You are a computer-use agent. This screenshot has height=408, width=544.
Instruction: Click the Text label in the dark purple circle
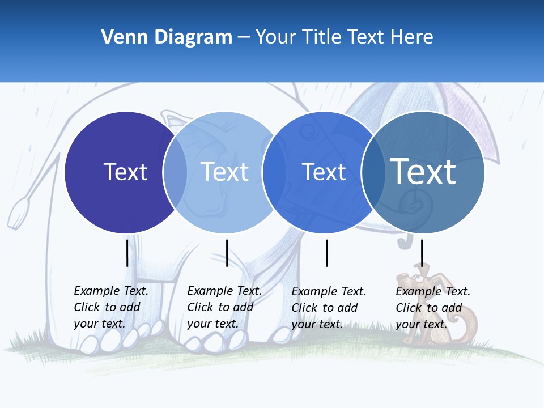[125, 172]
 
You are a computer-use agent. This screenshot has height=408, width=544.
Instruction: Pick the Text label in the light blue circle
[225, 172]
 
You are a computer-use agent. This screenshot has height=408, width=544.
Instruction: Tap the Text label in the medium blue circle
[324, 172]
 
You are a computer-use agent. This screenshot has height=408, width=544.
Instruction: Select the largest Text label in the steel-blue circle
[423, 171]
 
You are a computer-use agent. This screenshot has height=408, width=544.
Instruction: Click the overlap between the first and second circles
[175, 172]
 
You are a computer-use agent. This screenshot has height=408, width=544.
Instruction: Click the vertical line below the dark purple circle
[127, 253]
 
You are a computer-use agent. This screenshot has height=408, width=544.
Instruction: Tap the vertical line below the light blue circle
[227, 253]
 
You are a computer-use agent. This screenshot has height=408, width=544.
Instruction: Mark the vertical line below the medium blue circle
[326, 253]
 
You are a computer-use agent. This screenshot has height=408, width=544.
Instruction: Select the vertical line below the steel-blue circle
[422, 253]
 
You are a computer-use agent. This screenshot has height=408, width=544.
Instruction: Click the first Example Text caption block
[111, 307]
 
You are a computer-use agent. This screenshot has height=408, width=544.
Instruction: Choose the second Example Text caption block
[224, 307]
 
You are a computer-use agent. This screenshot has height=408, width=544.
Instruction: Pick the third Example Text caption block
[329, 308]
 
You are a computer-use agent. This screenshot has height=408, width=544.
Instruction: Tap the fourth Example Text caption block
[433, 308]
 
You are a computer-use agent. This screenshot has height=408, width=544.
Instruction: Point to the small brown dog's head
[413, 280]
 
